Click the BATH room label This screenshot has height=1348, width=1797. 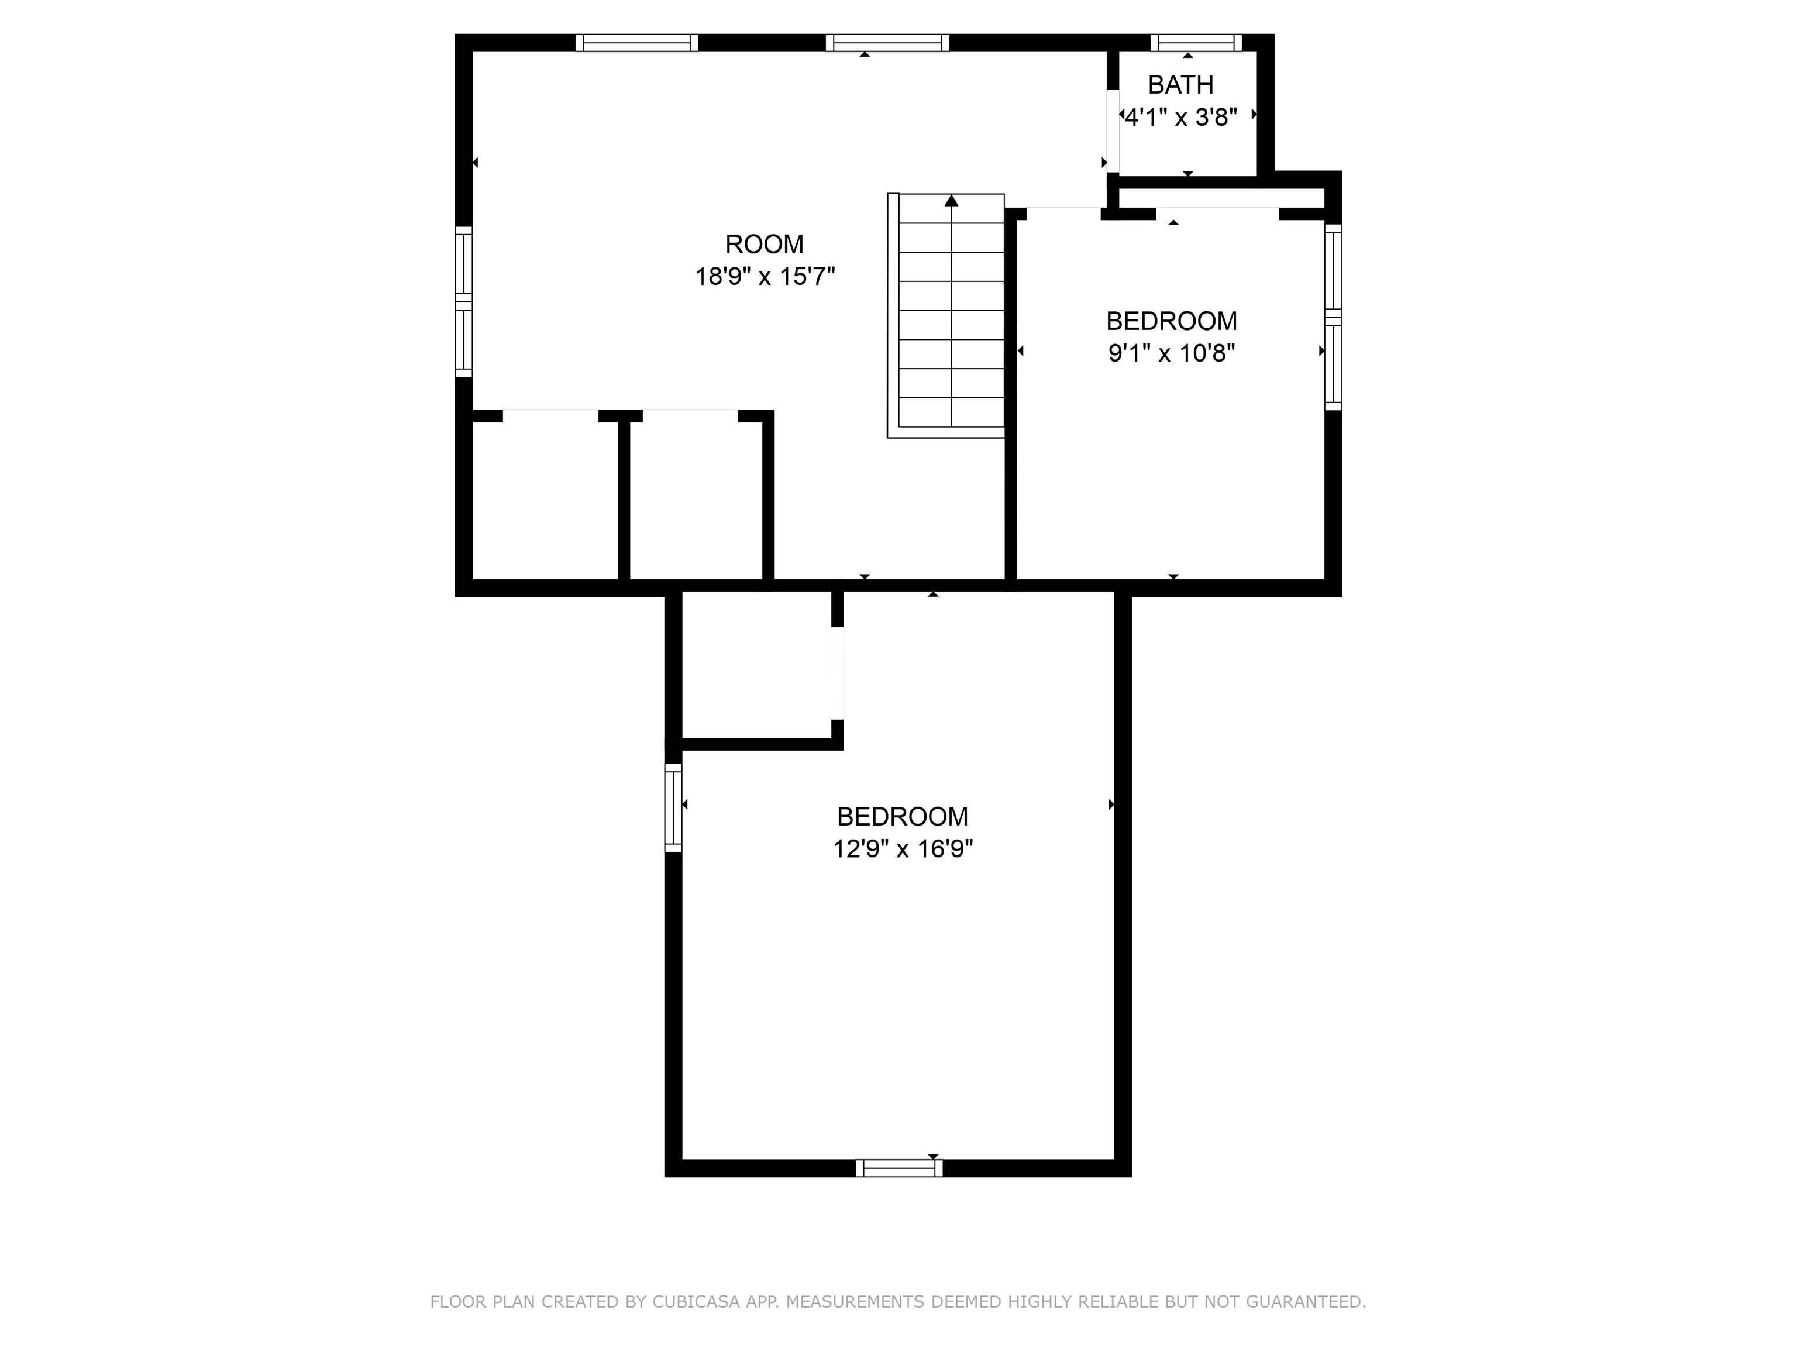click(1180, 84)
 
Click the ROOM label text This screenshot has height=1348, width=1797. click(765, 244)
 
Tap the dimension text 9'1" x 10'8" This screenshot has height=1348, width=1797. click(1172, 353)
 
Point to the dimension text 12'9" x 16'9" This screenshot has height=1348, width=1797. click(903, 849)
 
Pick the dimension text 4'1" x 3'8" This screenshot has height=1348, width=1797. click(1180, 118)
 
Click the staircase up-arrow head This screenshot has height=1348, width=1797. click(951, 200)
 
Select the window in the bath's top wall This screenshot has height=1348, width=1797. click(1196, 42)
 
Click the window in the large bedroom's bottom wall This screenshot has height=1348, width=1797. click(899, 1168)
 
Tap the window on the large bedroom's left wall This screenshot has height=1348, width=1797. click(673, 807)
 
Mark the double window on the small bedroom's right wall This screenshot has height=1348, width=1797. click(1333, 317)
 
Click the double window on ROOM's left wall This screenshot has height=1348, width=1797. click(463, 301)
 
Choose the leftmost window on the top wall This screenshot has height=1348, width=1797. click(637, 42)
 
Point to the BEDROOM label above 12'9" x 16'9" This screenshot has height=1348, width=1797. click(903, 816)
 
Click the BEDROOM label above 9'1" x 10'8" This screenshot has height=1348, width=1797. click(1172, 321)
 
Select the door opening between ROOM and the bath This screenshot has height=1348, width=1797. click(1113, 131)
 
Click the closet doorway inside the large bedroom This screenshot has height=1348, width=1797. click(838, 673)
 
